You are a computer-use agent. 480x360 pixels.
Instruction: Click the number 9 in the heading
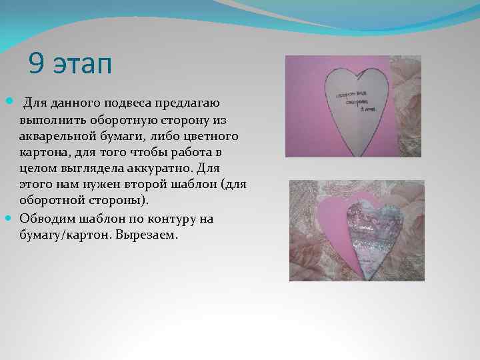click(36, 65)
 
